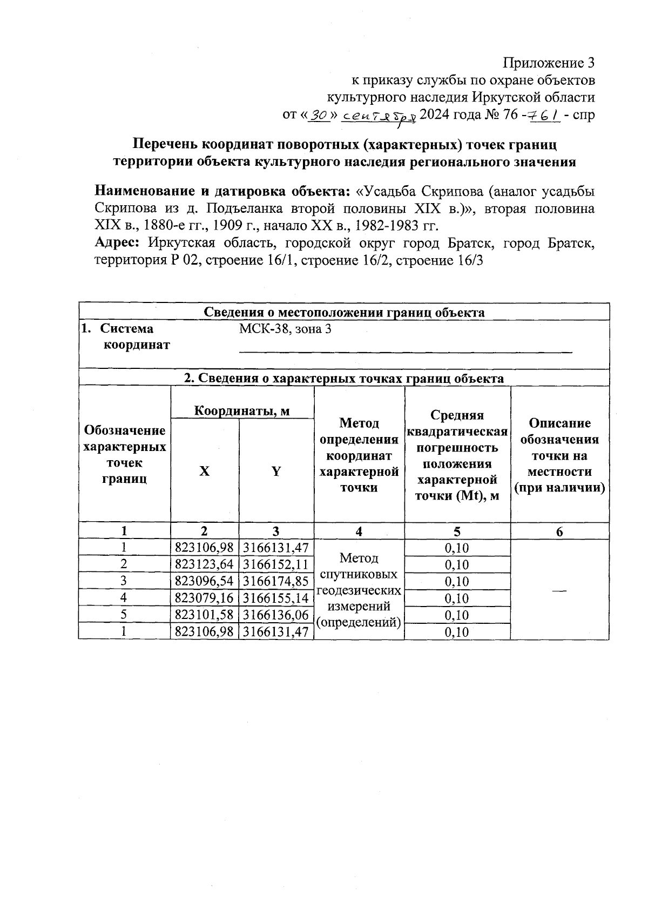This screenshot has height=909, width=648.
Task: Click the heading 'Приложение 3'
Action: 549,63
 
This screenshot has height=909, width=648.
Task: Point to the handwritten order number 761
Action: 544,115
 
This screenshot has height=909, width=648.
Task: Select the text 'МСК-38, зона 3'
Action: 285,329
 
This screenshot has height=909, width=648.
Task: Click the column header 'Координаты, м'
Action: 242,411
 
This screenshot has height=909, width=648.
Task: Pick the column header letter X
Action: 204,472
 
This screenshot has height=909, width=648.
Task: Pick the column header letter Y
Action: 276,472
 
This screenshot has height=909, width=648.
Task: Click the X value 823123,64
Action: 205,565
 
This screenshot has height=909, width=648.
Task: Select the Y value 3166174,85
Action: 276,582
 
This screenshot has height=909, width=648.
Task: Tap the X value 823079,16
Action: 205,598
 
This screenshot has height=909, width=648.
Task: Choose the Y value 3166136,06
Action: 276,615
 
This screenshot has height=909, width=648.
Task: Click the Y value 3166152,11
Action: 276,565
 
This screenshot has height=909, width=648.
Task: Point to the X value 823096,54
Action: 205,582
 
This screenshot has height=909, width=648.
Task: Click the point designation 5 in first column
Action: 124,615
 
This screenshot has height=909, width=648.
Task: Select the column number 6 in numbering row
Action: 559,532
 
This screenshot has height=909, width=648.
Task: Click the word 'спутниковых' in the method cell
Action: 359,574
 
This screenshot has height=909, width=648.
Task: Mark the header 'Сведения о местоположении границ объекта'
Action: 344,313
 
